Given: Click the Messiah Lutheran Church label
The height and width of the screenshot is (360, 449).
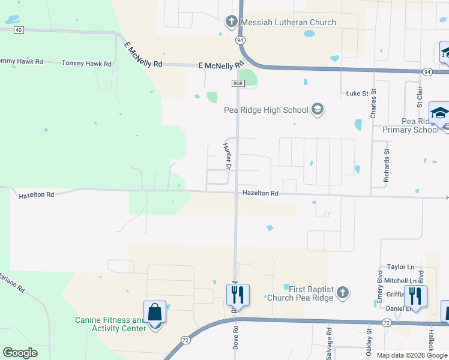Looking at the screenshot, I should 288,23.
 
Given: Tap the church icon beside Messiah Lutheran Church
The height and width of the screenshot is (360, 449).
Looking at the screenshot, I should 231,22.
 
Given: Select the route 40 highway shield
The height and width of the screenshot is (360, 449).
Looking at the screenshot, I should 19,30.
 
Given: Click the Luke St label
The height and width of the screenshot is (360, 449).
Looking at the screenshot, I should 356,94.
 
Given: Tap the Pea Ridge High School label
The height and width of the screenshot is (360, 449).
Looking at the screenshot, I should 266,110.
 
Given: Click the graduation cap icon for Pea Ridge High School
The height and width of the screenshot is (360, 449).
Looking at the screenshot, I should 318,109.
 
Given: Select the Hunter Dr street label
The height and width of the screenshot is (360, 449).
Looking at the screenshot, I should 228,156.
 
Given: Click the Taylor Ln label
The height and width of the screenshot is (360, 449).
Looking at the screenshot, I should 400,267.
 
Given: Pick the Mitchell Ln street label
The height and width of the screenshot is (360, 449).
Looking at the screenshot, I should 400,280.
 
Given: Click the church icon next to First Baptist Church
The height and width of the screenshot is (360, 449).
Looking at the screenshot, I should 342,293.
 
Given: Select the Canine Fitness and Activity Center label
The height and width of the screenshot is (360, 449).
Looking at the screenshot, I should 110,324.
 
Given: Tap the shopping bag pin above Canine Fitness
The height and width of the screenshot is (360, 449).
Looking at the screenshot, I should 155,313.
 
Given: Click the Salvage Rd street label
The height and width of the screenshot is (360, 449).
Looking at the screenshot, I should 329,339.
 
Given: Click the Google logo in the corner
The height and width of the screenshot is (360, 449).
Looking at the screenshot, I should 20,353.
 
